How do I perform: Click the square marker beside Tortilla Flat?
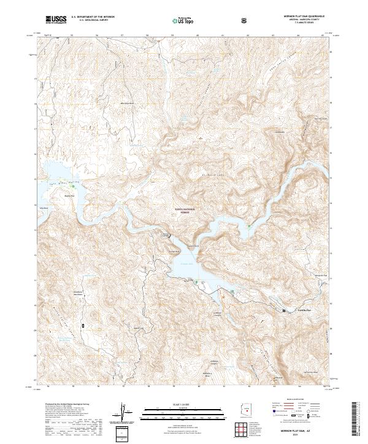coord(283,311)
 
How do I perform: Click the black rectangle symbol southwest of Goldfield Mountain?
coord(83,325)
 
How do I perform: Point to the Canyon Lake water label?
coord(186,264)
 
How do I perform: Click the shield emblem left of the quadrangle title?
coord(245,21)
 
